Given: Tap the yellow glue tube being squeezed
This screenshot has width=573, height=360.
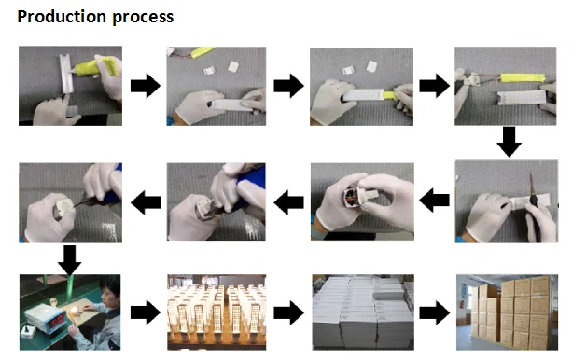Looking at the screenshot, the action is pyautogui.click(x=97, y=67).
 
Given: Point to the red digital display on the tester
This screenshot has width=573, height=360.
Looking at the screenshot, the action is pyautogui.click(x=57, y=322).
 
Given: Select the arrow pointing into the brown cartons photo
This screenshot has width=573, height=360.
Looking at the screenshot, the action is pyautogui.click(x=435, y=312).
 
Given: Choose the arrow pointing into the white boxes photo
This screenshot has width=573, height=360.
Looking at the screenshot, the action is pyautogui.click(x=288, y=312).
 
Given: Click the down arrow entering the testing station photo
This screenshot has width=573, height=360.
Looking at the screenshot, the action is pyautogui.click(x=69, y=260).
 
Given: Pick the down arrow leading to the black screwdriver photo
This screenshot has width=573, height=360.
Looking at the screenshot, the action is pyautogui.click(x=509, y=142).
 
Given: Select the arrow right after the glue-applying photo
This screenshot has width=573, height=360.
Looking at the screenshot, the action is pyautogui.click(x=146, y=86).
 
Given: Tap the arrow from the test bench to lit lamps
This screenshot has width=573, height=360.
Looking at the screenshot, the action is pyautogui.click(x=146, y=312).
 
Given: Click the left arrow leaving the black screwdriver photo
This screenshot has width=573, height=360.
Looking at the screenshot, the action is pyautogui.click(x=435, y=201).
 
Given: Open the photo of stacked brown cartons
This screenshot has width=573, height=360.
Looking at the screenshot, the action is pyautogui.click(x=508, y=312).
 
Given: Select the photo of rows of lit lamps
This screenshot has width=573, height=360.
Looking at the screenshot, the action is pyautogui.click(x=217, y=312).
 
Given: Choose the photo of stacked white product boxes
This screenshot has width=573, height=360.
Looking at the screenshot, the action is pyautogui.click(x=363, y=312).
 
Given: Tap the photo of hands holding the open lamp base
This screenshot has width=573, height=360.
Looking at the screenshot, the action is pyautogui.click(x=362, y=201).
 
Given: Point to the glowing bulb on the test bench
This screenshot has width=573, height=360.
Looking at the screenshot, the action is pyautogui.click(x=76, y=311).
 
